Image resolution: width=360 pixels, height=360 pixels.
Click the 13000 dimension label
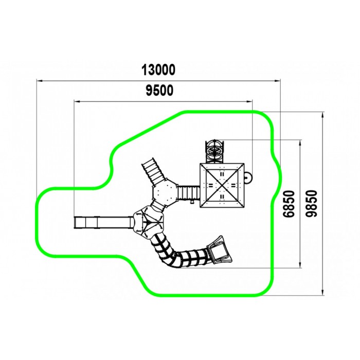coord(158,70)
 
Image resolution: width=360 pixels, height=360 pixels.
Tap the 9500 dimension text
coord(159,90)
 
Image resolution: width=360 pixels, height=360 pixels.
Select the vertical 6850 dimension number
coord(289,204)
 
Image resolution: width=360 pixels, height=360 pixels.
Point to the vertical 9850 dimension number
coord(312,204)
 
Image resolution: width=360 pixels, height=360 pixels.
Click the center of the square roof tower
coord(222,186)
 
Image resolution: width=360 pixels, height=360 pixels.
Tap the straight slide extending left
coord(103,223)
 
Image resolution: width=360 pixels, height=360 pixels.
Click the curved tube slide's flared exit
coord(220,249)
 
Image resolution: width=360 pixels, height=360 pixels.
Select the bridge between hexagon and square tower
coord(189,192)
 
